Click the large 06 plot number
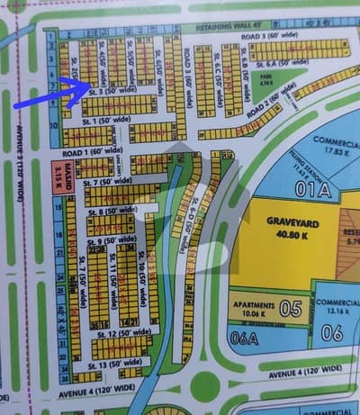click(333, 331)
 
